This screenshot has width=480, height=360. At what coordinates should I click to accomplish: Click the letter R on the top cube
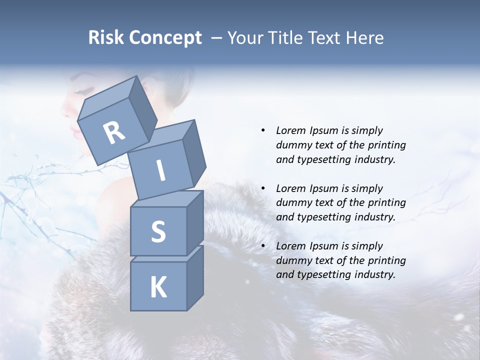click(114, 133)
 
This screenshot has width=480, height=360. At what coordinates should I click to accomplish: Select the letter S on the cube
click(158, 231)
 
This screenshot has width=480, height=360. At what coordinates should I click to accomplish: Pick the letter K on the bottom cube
click(158, 287)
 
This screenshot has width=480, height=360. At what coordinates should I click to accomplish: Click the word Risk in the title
click(105, 37)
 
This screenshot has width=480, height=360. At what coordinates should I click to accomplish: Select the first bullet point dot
click(263, 130)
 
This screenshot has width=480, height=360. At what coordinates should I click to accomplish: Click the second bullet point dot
click(263, 188)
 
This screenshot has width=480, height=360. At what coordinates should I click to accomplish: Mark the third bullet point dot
click(263, 246)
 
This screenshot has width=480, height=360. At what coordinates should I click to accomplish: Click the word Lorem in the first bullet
click(290, 130)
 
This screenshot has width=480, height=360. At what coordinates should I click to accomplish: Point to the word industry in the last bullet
click(371, 274)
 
